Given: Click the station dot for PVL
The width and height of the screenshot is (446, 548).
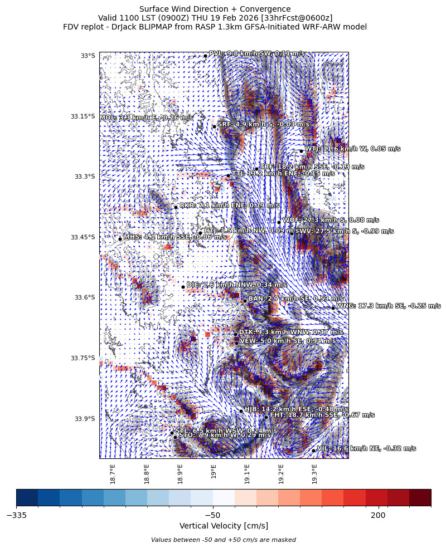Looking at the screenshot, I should coord(205,56).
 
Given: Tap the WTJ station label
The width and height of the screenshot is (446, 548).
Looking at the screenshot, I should coord(352,149).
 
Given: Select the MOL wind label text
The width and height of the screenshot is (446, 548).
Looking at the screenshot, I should coord(147,118).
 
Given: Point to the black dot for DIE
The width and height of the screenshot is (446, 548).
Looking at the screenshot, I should coord(183,287).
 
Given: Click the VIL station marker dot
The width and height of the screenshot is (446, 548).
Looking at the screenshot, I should coord(313,451).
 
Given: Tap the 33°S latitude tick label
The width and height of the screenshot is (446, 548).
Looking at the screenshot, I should coord(88,56).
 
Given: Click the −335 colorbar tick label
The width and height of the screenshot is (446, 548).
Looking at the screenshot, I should coord(16,515).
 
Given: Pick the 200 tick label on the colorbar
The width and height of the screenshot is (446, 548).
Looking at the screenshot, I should coord(378,515).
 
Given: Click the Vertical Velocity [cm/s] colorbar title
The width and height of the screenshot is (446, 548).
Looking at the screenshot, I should coord(224,526).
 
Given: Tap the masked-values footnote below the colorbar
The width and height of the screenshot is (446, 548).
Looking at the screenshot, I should coord(224,540).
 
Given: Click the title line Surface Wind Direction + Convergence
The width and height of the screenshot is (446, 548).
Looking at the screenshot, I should coord(215,9).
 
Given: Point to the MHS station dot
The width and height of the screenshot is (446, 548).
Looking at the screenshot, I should coord(120,239).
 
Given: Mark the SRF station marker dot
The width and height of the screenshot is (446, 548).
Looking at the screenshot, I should coord(214,126).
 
